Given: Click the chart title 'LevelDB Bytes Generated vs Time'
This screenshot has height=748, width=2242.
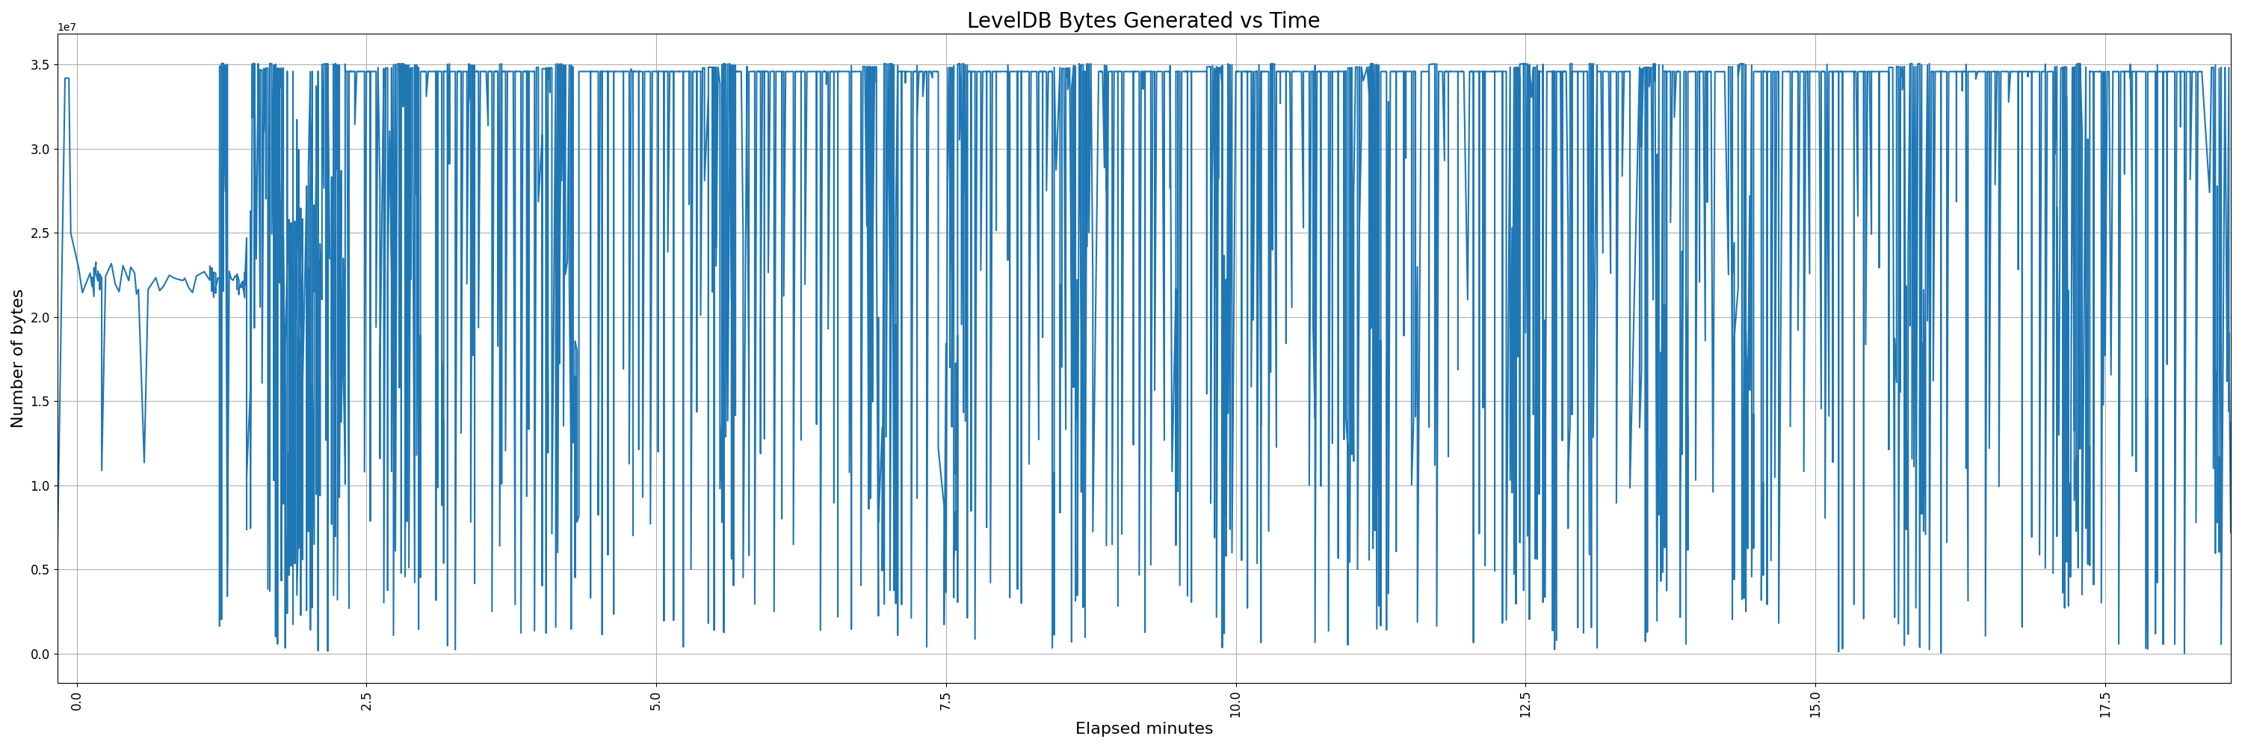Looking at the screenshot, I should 1143,20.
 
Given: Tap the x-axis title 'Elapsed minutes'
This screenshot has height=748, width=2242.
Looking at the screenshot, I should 1143,729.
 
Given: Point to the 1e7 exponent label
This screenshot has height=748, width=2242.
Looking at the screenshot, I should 67,28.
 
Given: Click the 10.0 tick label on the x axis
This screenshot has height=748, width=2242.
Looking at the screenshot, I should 1235,702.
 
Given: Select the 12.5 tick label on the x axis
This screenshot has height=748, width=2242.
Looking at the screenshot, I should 1525,702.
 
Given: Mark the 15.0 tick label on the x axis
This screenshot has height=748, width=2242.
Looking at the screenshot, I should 1815,702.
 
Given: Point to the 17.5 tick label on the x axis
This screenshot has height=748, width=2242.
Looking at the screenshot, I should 2104,702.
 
